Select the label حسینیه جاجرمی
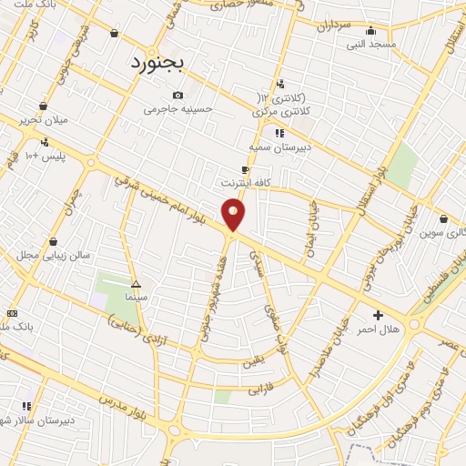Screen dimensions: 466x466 [x=178, y=108]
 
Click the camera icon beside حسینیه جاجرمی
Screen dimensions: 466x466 [x=177, y=95]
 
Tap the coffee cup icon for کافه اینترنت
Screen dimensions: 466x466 [x=244, y=169]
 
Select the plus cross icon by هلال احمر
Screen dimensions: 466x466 [x=379, y=315]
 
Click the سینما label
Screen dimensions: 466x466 [x=136, y=296]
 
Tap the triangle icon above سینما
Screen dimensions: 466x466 [x=136, y=283]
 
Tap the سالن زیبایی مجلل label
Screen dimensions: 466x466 [x=55, y=255]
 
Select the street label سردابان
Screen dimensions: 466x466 [x=333, y=25]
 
